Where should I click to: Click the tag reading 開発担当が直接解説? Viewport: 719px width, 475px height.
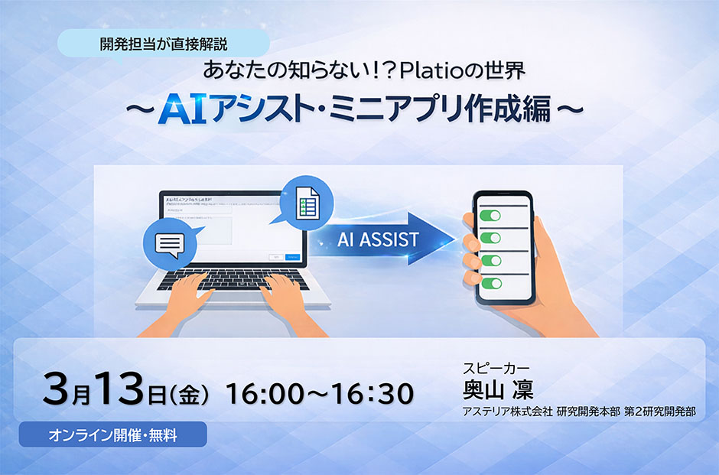coord(162,44)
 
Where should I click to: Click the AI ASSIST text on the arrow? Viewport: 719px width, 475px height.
coord(378,239)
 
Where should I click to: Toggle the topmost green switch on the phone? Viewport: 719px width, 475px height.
coord(490,215)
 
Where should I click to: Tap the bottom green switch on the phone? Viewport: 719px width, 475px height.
coord(490,283)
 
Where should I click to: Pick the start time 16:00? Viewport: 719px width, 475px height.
coord(262,393)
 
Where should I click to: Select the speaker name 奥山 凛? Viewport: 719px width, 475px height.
coord(498,389)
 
